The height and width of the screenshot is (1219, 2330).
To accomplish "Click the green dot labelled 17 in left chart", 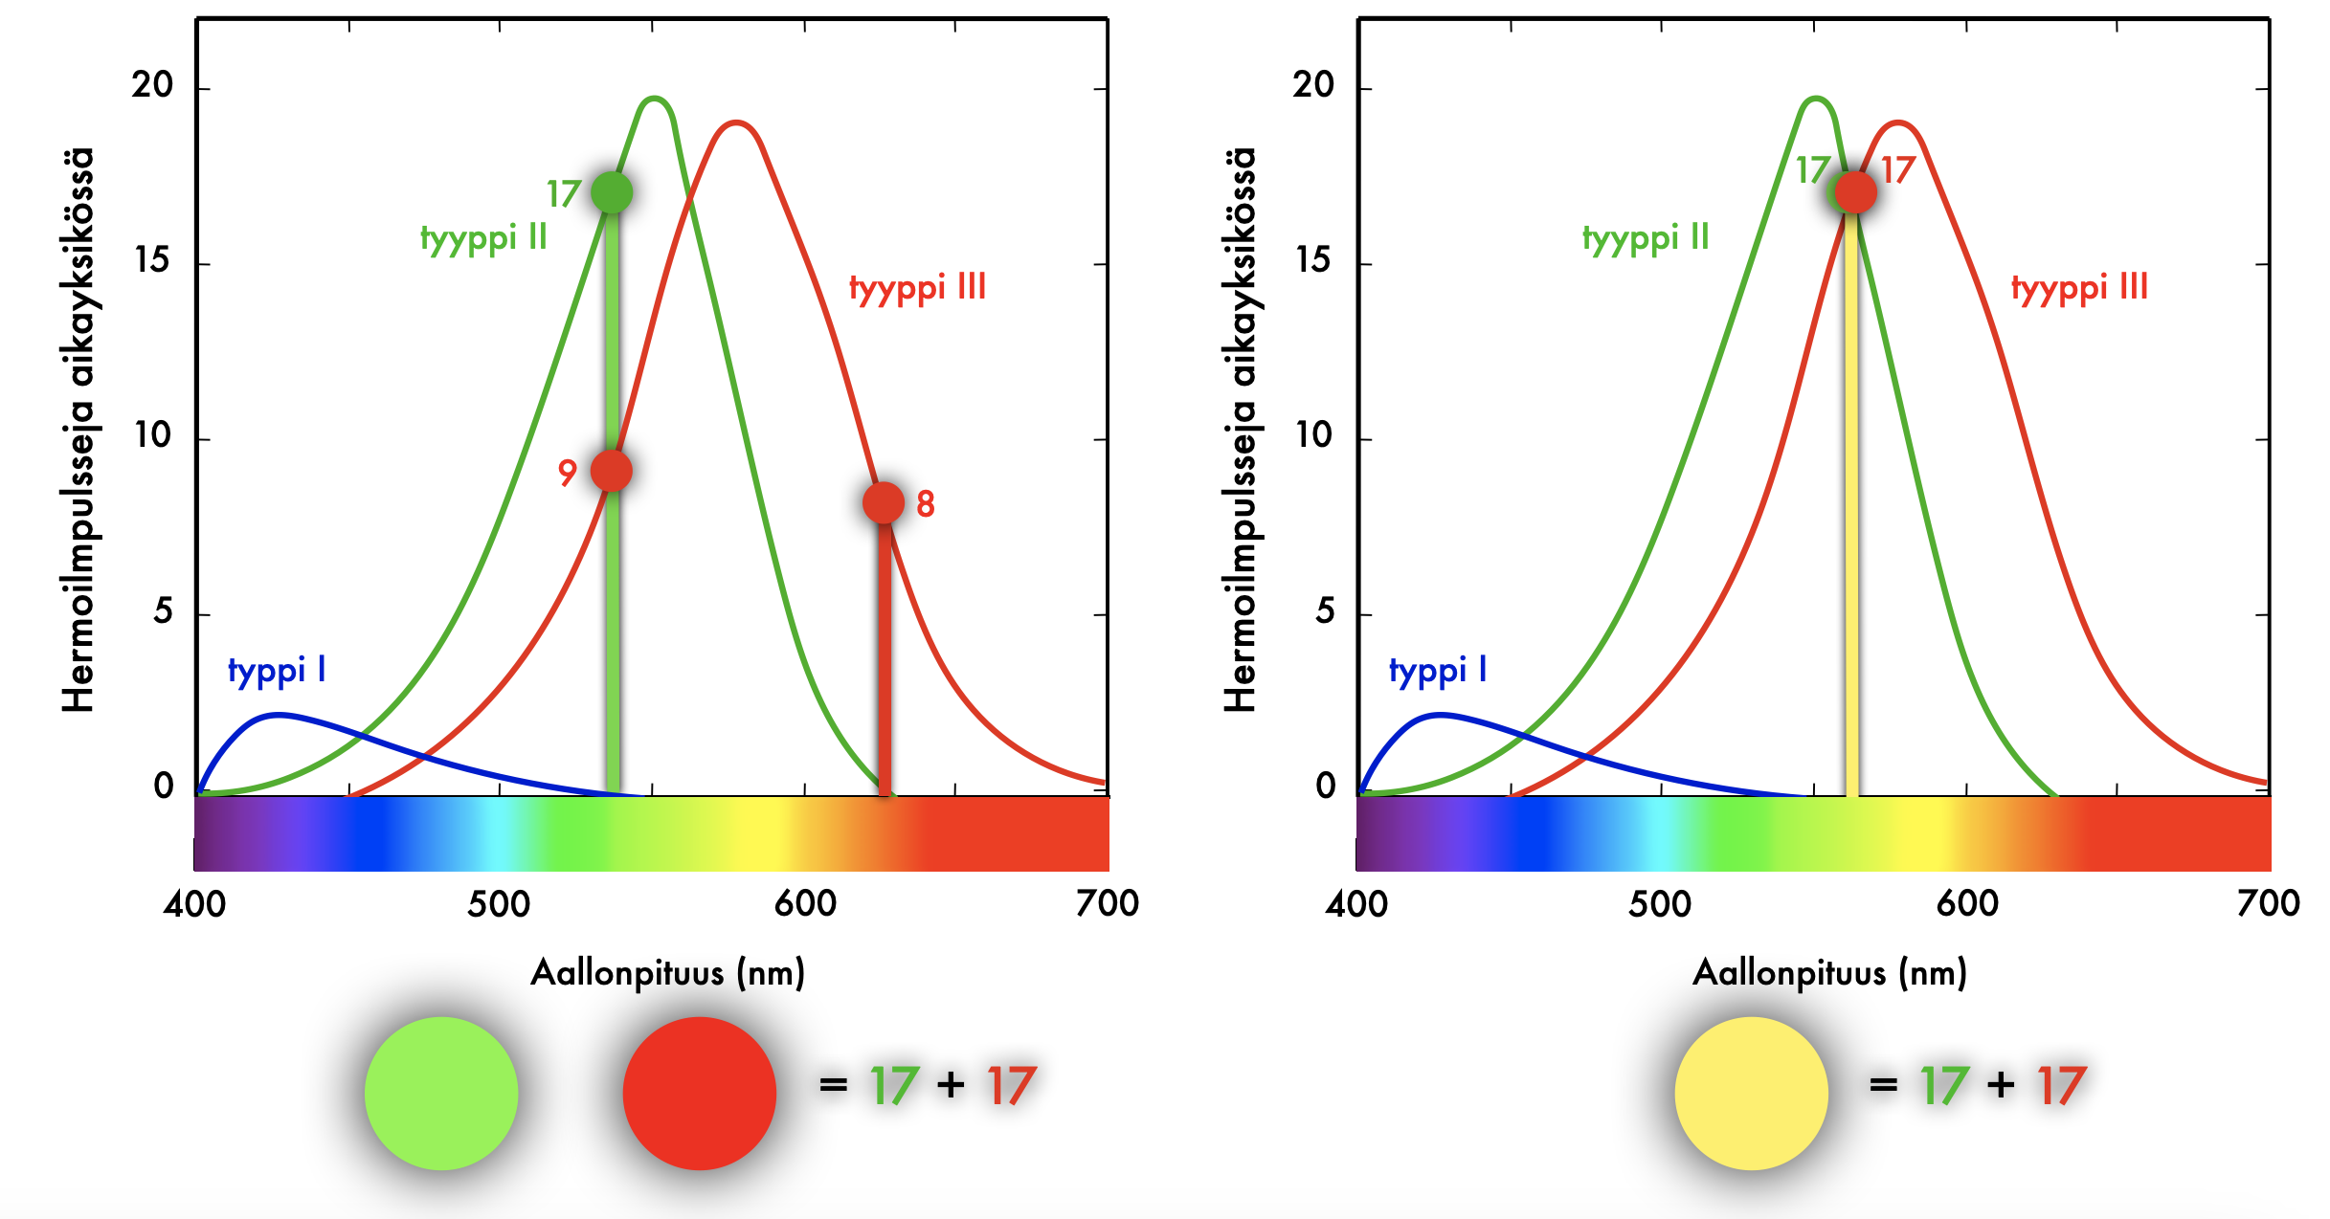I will tap(612, 192).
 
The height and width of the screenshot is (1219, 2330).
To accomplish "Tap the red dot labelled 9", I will tap(612, 470).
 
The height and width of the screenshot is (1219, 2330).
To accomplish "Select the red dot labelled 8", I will tap(883, 502).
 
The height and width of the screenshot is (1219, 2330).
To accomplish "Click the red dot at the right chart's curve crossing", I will tap(1855, 192).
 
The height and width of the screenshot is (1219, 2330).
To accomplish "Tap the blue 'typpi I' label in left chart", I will tap(277, 670).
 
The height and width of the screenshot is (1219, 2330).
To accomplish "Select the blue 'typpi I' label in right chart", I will tap(1438, 670).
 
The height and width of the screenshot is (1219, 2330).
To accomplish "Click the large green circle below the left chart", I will tap(441, 1093).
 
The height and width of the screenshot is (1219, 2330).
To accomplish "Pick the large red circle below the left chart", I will tap(700, 1093).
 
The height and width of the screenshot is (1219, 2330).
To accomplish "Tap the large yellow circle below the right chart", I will tap(1751, 1093).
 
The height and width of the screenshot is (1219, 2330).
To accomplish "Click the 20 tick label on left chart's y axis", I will tap(152, 86).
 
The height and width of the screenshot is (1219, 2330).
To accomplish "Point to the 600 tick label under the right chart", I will tap(1966, 903).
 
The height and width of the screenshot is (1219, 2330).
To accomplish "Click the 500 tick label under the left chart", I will tap(499, 903).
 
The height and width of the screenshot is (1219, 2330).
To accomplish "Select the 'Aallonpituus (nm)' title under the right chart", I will tap(1829, 973).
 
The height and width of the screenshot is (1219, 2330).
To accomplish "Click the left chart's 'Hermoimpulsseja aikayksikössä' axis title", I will tap(78, 431).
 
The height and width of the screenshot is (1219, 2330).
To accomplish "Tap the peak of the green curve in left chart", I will tap(655, 99).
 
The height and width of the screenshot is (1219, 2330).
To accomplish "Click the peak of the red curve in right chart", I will tap(1897, 122).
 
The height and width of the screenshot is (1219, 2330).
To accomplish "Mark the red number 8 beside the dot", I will tap(925, 503).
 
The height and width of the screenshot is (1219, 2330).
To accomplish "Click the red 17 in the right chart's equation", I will tap(2061, 1086).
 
